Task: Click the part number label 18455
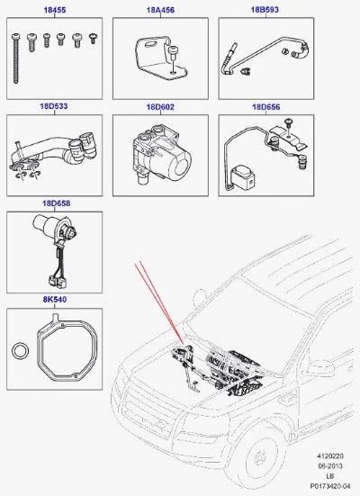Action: click(54, 10)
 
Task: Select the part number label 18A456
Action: click(160, 10)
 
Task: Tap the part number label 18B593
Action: click(265, 10)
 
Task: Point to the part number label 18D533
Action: click(54, 106)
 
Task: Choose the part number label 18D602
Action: click(160, 107)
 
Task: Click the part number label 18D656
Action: click(266, 107)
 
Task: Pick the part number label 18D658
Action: click(57, 203)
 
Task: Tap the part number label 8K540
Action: click(55, 299)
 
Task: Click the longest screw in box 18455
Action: click(16, 59)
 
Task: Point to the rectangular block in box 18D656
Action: click(244, 177)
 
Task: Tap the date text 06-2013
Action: click(330, 466)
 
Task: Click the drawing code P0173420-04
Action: click(330, 485)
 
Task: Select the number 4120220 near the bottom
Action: click(330, 456)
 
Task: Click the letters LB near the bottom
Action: click(330, 476)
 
